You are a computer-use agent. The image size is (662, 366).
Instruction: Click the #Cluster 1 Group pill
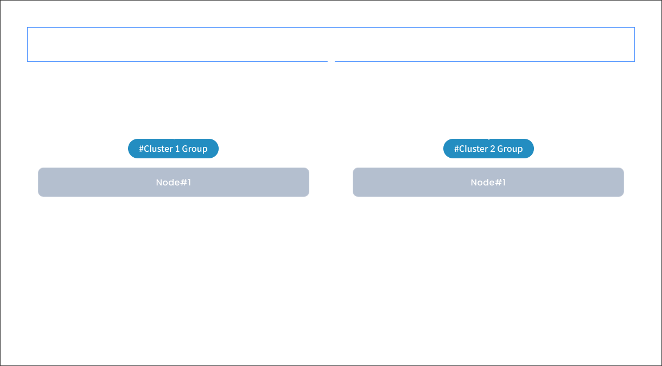click(x=173, y=149)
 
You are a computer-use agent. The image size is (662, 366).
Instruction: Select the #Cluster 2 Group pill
click(x=488, y=149)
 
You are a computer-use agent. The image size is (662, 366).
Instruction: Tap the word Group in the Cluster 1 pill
click(x=194, y=149)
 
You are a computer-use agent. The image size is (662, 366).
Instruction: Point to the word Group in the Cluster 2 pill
click(x=510, y=149)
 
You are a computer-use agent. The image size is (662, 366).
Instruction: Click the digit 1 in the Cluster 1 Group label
click(x=177, y=149)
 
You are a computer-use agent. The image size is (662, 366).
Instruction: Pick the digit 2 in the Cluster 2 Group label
click(x=493, y=149)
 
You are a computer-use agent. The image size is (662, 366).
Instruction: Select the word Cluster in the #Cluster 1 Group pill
click(x=158, y=149)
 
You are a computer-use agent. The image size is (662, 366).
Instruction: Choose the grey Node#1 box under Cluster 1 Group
click(x=174, y=182)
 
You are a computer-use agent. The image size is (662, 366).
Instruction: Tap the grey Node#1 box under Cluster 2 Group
click(x=488, y=182)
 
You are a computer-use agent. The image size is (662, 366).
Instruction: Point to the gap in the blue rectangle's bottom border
click(x=331, y=61)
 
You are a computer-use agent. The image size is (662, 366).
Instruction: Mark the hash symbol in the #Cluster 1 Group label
click(x=141, y=149)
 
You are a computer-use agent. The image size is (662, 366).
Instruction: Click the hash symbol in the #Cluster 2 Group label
click(x=456, y=149)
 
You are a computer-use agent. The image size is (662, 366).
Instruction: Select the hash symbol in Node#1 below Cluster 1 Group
click(x=184, y=183)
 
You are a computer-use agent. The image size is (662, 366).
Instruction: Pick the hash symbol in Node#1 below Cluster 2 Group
click(x=499, y=183)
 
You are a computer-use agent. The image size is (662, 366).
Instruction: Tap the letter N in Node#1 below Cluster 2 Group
click(x=474, y=183)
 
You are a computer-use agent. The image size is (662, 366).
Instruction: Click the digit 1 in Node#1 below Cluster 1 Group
click(x=189, y=183)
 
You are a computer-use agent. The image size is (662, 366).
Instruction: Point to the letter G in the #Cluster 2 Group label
click(x=501, y=149)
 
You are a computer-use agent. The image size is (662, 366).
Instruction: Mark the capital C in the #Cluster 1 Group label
click(x=147, y=149)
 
